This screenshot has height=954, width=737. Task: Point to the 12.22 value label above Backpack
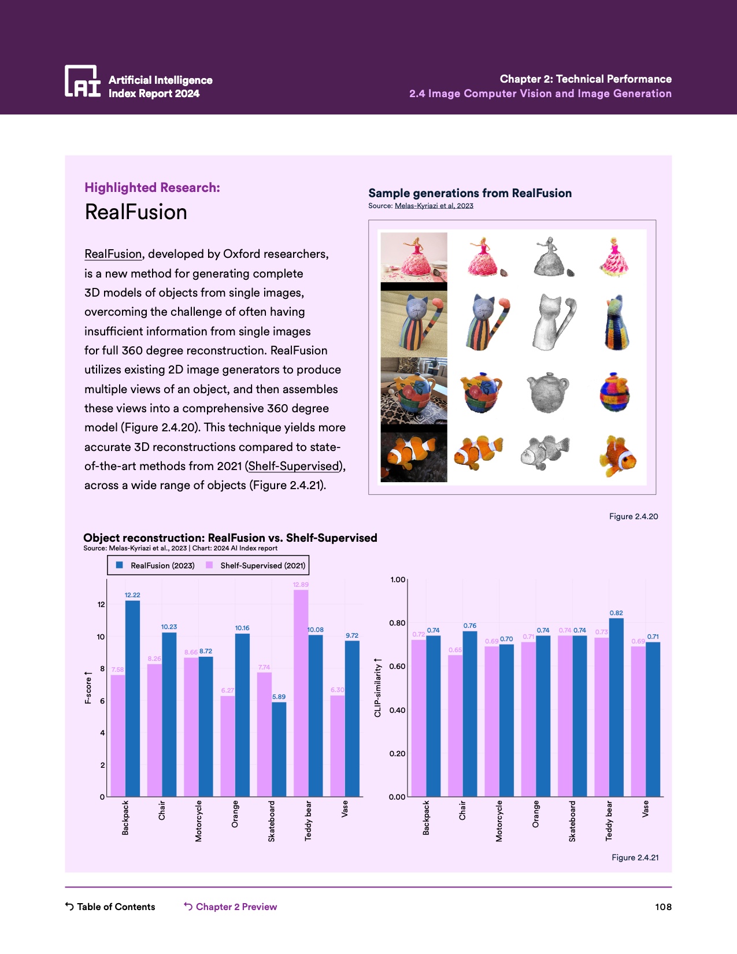132,595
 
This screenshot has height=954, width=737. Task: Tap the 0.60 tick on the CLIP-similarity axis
397,667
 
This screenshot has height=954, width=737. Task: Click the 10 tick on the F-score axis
101,637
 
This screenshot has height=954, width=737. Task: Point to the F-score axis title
88,687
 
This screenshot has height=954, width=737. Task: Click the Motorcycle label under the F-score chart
199,820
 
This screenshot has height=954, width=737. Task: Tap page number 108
663,907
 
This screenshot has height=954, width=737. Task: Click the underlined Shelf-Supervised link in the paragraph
294,466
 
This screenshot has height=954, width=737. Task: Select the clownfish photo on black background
414,457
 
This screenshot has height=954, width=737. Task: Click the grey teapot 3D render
547,393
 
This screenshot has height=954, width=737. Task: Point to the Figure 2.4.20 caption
633,516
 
